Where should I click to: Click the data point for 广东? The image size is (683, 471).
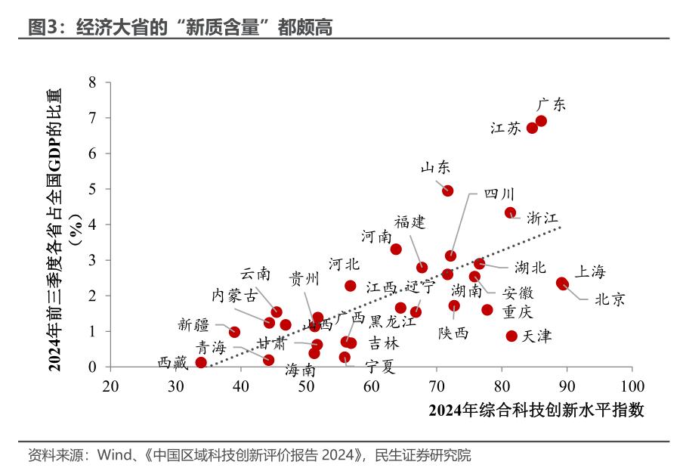click(541, 121)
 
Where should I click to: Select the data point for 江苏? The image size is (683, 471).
click(532, 128)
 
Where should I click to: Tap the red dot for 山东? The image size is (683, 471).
click(448, 191)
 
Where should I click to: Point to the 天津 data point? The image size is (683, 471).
click(511, 336)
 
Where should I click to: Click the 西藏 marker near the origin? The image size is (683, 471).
click(201, 362)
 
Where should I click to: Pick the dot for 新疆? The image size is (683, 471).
click(234, 332)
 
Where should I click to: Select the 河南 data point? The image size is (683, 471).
click(396, 249)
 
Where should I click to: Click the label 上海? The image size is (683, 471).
click(591, 271)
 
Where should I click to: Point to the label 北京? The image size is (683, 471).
click(610, 299)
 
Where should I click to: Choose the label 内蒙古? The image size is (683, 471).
click(233, 295)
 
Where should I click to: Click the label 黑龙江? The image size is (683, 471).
click(393, 321)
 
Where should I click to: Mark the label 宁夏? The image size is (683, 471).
click(380, 367)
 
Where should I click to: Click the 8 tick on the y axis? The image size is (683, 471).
click(92, 82)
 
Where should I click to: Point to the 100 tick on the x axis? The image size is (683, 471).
click(632, 386)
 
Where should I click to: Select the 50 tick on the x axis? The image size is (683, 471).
click(306, 386)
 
